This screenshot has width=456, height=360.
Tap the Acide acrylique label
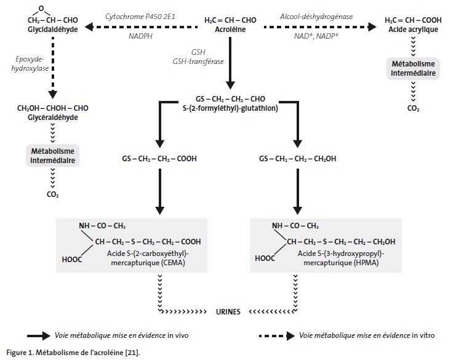[412, 28]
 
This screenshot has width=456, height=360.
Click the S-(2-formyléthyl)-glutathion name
[230, 108]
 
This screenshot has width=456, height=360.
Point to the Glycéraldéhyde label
[52, 116]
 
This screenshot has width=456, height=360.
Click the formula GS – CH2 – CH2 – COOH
[159, 159]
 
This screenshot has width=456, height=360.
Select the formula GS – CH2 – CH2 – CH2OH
[298, 159]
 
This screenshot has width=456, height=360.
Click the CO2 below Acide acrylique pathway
[413, 108]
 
